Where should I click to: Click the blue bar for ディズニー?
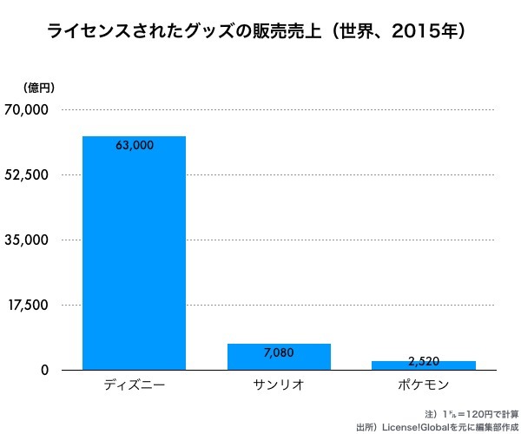134,253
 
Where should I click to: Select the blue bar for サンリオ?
279,357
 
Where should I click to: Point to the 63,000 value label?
134,146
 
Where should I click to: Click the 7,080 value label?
279,353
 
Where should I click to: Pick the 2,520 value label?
425,361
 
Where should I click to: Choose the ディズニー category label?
134,384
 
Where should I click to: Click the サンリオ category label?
279,384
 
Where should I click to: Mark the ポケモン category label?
425,384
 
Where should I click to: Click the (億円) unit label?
39,87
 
